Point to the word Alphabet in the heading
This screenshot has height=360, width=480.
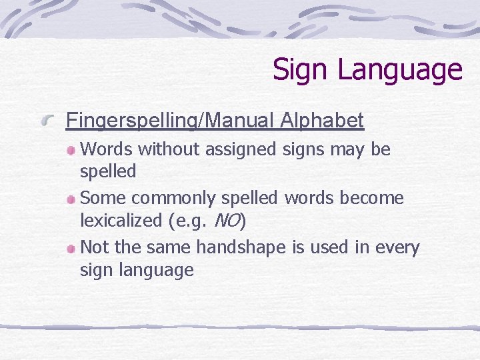(x=322, y=121)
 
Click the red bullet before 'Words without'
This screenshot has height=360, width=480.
(x=71, y=151)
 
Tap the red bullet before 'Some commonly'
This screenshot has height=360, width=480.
(x=71, y=199)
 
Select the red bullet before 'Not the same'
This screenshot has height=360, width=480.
(x=71, y=249)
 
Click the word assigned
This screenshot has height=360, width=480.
(x=240, y=150)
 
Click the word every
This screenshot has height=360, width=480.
(x=395, y=248)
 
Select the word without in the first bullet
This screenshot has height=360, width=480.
(x=169, y=149)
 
